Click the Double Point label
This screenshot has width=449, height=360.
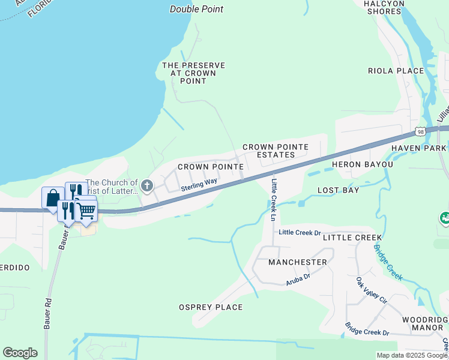coord(196,9)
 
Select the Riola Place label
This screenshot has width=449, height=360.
coord(396,71)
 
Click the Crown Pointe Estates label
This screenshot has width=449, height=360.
coord(275,151)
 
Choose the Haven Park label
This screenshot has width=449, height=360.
coord(418,148)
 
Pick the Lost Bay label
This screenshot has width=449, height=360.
coord(338,190)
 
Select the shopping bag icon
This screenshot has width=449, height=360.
coord(52,197)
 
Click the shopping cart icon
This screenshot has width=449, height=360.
coord(87,211)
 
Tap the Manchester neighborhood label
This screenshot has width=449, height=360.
coord(297,262)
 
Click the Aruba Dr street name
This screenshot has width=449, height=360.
coord(298,277)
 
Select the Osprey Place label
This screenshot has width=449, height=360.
coord(211,307)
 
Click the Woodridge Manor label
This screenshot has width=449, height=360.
coord(427,323)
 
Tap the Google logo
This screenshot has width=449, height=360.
coord(20,353)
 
